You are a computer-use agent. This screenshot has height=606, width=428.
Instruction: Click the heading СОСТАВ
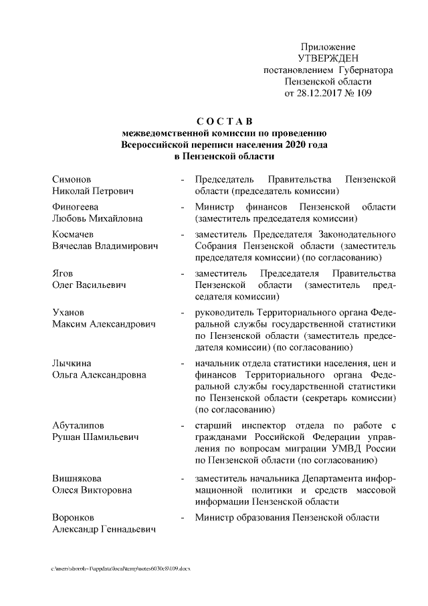tap(224, 121)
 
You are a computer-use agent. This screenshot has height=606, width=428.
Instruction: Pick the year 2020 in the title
tap(296, 144)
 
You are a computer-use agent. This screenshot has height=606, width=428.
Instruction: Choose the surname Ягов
tap(63, 273)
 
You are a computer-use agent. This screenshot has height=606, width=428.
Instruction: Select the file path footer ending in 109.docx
tap(121, 568)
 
